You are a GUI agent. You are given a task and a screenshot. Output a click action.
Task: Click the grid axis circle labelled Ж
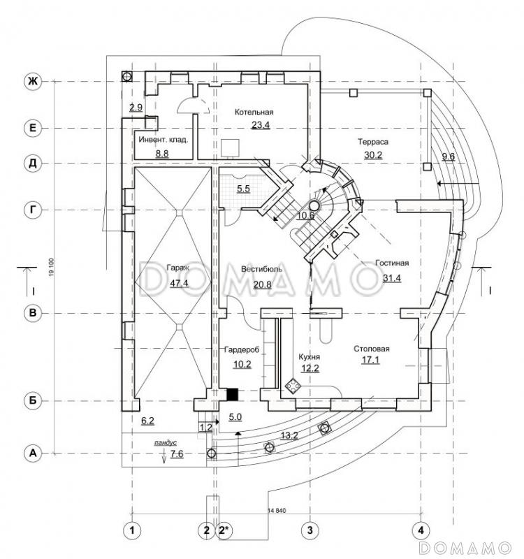31,82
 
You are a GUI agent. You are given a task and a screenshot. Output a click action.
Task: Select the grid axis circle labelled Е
31,128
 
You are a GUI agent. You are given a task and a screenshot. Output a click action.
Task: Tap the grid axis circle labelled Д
31,164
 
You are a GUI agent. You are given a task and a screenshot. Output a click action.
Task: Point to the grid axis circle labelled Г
31,209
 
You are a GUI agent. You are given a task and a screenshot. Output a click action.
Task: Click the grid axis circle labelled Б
31,401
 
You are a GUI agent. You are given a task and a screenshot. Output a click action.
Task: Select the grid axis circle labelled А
31,453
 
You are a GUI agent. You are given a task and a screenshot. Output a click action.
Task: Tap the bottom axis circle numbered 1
130,530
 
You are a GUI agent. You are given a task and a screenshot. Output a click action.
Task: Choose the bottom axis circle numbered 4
420,530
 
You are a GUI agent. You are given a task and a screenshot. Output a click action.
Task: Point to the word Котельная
254,112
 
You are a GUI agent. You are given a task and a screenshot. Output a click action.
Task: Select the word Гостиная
392,263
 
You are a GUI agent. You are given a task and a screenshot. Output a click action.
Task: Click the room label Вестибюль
261,268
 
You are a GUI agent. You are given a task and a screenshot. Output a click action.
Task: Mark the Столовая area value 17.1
370,361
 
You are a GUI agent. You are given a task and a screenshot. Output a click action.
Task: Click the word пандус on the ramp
166,442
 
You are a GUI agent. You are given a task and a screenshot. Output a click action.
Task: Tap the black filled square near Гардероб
233,394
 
